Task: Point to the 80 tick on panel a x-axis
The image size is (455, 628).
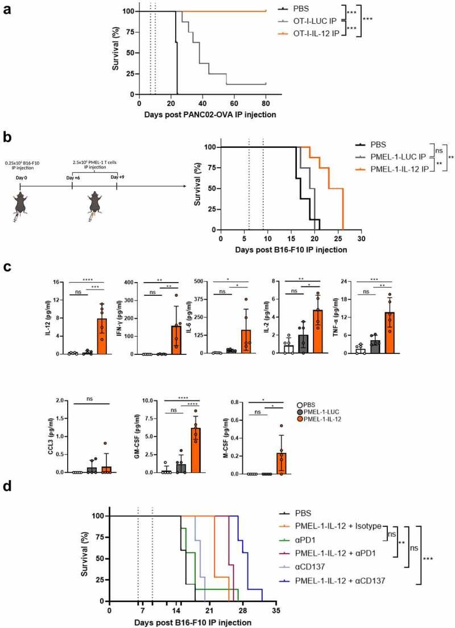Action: point(266,102)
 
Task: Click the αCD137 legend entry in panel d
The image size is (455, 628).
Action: point(303,569)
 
